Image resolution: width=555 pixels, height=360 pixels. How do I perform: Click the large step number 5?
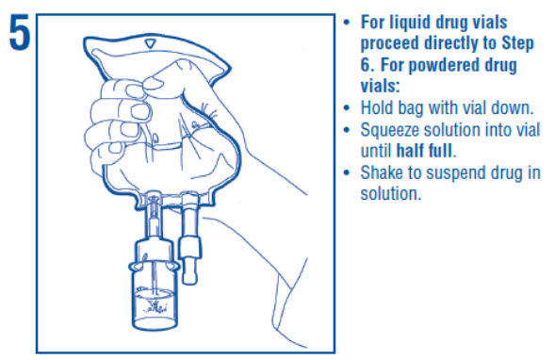pyautogui.click(x=19, y=34)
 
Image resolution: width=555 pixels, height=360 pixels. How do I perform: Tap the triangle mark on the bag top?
pyautogui.click(x=151, y=43)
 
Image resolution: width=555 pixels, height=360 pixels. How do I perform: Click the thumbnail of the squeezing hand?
pyautogui.click(x=154, y=83)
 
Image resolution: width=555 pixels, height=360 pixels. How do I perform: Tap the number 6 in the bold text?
pyautogui.click(x=367, y=65)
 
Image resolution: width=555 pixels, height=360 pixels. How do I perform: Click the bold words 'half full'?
pyautogui.click(x=424, y=151)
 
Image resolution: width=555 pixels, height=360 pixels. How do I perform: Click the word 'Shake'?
pyautogui.click(x=382, y=172)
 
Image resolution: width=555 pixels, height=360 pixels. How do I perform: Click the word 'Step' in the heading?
pyautogui.click(x=517, y=44)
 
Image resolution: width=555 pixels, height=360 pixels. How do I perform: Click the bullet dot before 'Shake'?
pyautogui.click(x=347, y=173)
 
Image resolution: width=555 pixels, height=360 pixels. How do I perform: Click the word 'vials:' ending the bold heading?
pyautogui.click(x=380, y=86)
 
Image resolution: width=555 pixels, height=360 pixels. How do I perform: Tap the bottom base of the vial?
pyautogui.click(x=155, y=323)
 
